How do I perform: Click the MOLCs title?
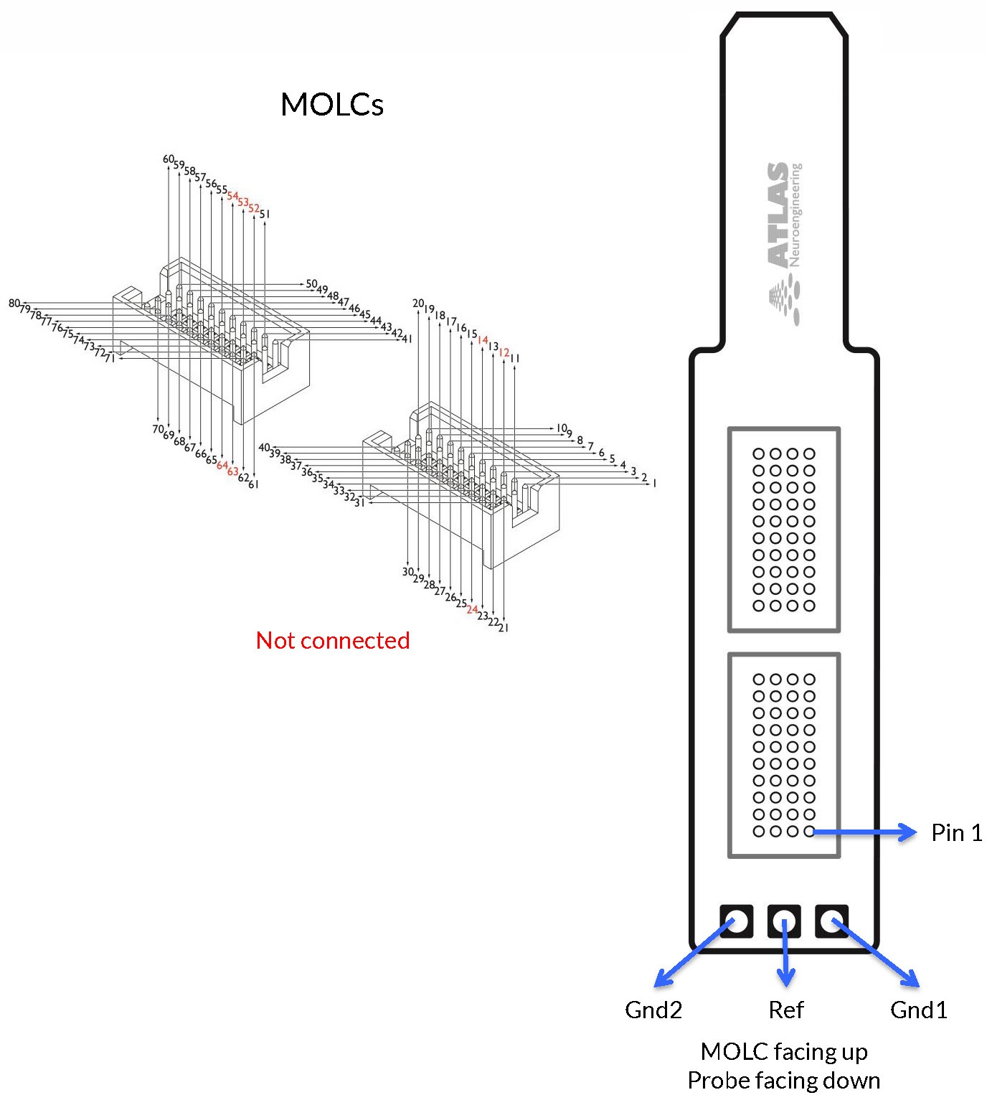(x=332, y=105)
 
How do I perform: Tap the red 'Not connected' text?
(x=333, y=640)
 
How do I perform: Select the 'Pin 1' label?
(x=956, y=832)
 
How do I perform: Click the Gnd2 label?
(x=653, y=1010)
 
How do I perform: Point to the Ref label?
(x=786, y=1010)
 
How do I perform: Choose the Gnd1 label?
(x=918, y=1010)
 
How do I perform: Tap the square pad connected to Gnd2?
(x=737, y=921)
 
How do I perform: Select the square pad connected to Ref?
(x=785, y=921)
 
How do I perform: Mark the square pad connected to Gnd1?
(x=832, y=921)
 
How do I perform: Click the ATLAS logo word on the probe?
(x=778, y=215)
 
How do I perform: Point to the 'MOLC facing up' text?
(x=784, y=1051)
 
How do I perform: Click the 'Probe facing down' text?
(x=784, y=1080)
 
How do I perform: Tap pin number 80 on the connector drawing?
(x=14, y=304)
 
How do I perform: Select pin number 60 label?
(x=169, y=159)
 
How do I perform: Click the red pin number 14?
(x=483, y=340)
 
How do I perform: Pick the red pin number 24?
(x=472, y=609)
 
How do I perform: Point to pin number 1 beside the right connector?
(x=654, y=484)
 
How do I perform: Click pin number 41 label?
(x=407, y=339)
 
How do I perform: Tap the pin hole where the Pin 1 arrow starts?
(x=809, y=832)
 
